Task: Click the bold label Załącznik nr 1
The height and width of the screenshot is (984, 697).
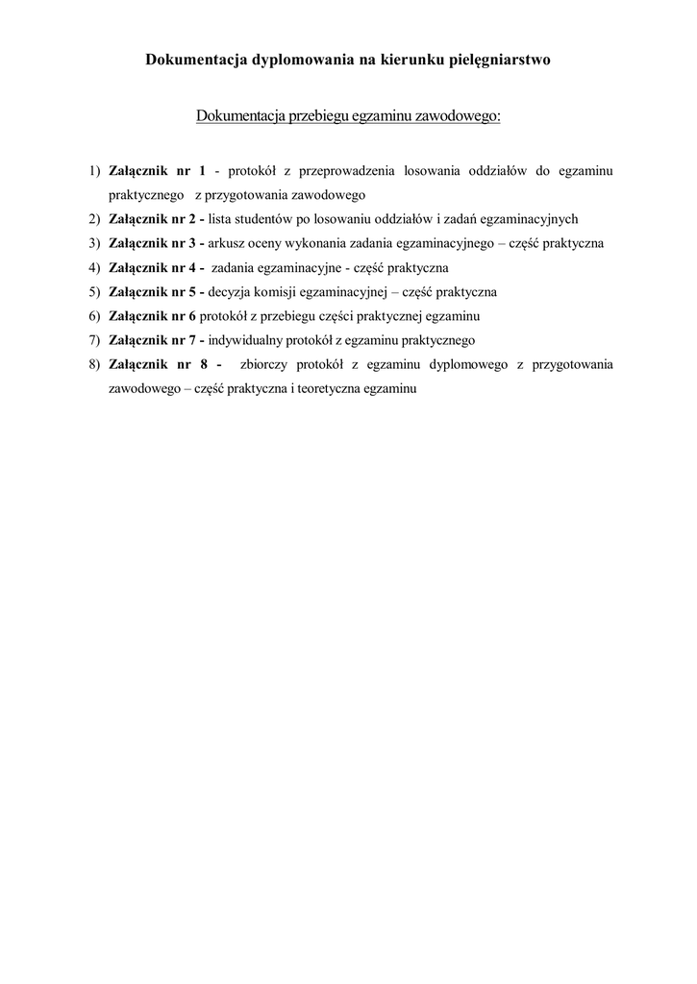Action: coord(158,171)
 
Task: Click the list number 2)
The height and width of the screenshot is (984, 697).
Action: coord(94,219)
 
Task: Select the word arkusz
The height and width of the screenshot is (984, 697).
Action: coord(227,243)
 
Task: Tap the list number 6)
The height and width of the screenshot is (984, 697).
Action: coord(94,315)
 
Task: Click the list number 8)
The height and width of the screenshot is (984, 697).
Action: coord(94,364)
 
